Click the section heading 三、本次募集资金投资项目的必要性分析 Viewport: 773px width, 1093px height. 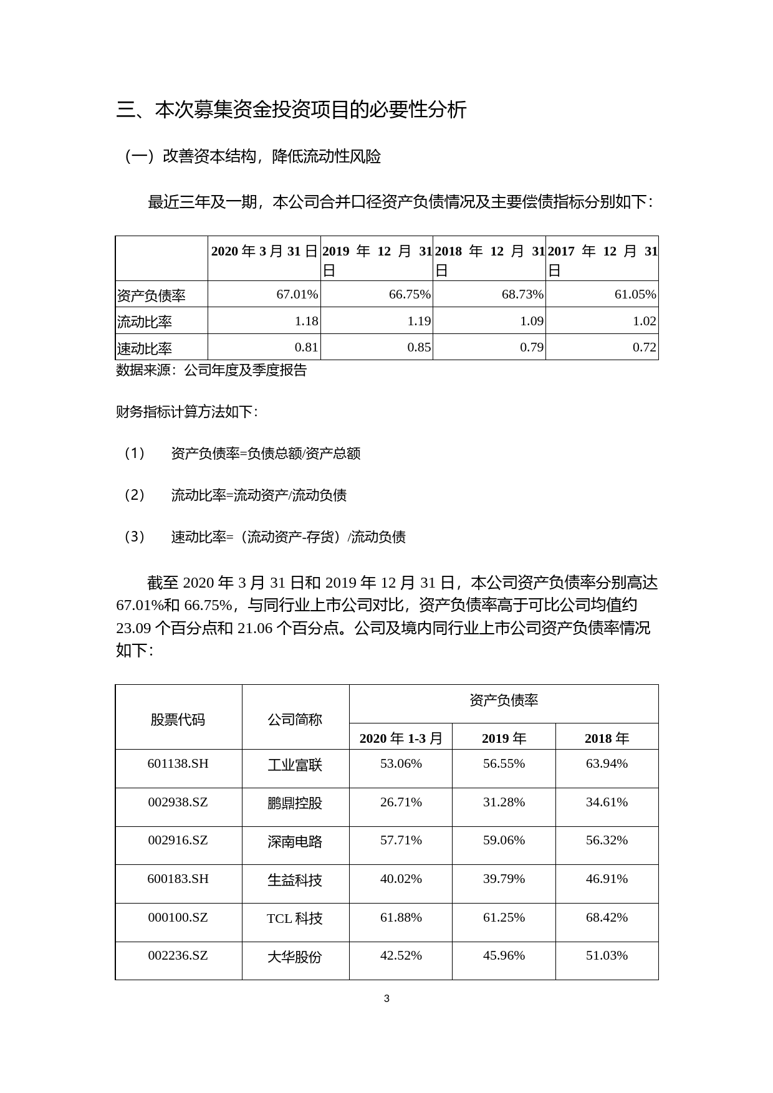coord(291,110)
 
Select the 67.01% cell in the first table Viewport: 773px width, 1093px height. coord(297,294)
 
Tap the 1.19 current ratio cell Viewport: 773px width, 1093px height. coord(419,321)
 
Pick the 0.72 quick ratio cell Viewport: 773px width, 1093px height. coord(645,347)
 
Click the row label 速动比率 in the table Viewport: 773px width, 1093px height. coord(144,348)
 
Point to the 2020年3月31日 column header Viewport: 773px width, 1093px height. coord(264,252)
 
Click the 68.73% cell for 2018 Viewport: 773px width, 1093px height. coord(522,294)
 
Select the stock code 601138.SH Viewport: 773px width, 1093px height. coord(178,763)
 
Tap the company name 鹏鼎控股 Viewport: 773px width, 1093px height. coord(295,803)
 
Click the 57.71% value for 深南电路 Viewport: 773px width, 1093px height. coord(401,840)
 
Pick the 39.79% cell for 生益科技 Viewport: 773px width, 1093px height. coord(504,879)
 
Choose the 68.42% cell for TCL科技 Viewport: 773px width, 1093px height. coord(607,917)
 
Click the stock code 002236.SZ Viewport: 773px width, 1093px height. coord(178,955)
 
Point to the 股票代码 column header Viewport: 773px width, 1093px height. coord(178,720)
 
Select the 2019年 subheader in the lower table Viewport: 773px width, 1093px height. coord(504,738)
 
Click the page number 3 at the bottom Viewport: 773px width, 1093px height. coord(386,998)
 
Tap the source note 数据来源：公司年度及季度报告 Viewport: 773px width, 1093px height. coord(211,370)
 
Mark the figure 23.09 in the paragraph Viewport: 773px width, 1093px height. coord(133,628)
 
